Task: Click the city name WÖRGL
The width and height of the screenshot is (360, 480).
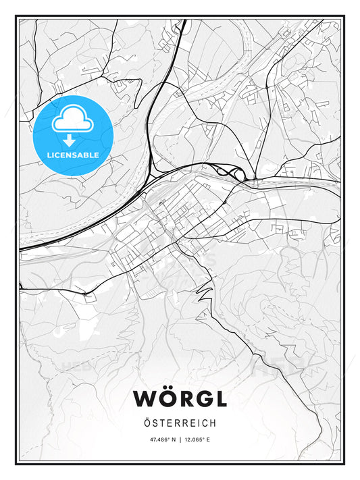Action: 180,398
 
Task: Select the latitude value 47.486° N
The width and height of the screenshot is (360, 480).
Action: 159,439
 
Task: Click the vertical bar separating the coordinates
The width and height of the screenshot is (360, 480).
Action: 180,439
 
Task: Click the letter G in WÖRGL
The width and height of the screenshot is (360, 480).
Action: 201,398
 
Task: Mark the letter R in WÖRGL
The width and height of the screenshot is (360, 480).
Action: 183,398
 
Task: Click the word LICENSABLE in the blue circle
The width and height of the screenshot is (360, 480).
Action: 72,155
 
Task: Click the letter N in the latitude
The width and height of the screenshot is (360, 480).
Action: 173,439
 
